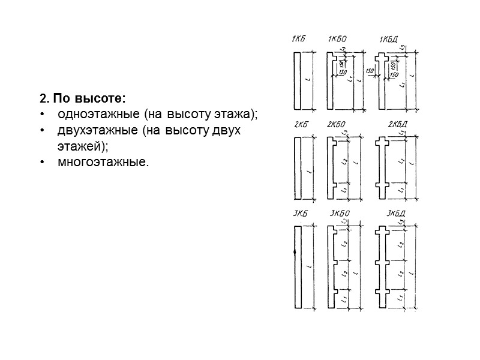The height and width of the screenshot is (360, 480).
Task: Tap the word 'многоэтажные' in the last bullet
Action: tap(101, 162)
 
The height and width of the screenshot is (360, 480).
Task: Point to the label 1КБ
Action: tap(297, 40)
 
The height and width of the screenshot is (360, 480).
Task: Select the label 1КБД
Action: tap(389, 40)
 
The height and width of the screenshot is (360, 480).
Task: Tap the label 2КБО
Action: tap(336, 125)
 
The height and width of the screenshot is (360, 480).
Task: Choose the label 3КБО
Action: tap(340, 214)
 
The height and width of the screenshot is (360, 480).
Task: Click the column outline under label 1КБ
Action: tap(297, 80)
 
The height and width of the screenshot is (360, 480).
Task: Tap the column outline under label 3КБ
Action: tap(297, 267)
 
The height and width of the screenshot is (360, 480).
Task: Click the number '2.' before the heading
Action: tap(43, 98)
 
